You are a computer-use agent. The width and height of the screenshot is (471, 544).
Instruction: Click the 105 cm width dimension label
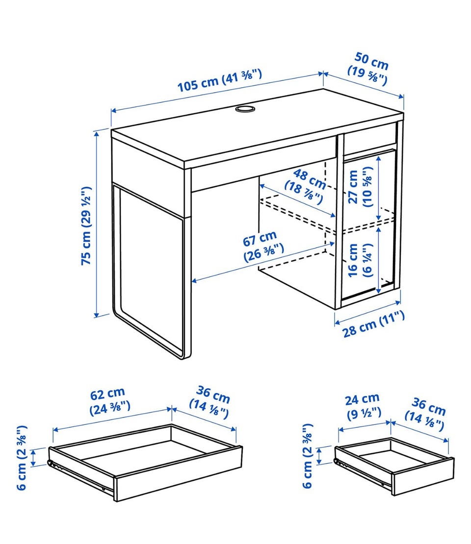pyautogui.click(x=219, y=81)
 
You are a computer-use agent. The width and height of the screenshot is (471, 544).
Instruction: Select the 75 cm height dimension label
pyautogui.click(x=86, y=226)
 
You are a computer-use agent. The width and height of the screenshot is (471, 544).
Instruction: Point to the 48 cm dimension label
pyautogui.click(x=305, y=186)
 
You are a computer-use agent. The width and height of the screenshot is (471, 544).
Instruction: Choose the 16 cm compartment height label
pyautogui.click(x=360, y=260)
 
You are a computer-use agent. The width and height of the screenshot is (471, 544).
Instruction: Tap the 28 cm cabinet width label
pyautogui.click(x=374, y=324)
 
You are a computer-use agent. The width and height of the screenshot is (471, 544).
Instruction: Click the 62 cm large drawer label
pyautogui.click(x=109, y=401)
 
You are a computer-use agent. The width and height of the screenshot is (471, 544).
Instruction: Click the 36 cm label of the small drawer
pyautogui.click(x=426, y=414)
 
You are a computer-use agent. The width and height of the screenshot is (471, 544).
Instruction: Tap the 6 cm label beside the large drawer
pyautogui.click(x=22, y=457)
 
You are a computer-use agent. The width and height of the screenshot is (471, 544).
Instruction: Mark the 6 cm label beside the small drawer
pyautogui.click(x=308, y=455)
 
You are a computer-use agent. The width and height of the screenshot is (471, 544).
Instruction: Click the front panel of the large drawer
pyautogui.click(x=178, y=473)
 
